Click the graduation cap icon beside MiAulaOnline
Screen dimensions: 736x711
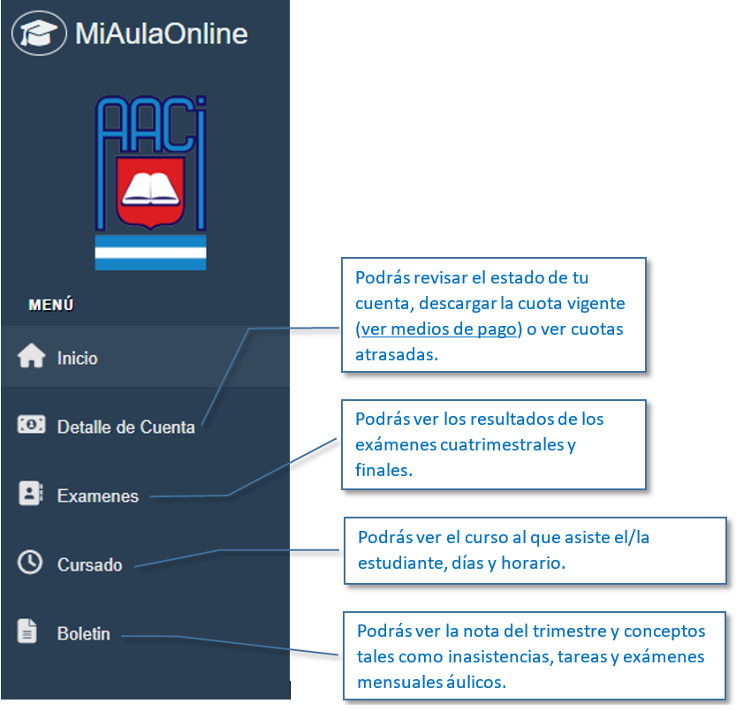(x=39, y=34)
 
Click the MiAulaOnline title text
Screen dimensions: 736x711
(x=162, y=34)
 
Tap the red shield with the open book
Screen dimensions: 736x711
(x=150, y=193)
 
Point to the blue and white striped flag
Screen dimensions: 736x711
(x=150, y=253)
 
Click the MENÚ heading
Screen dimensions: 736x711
(x=51, y=305)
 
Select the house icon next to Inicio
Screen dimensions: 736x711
(x=32, y=355)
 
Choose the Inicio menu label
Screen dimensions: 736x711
(x=78, y=359)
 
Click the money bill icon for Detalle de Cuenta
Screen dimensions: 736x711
(x=32, y=424)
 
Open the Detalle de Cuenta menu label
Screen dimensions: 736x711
(x=125, y=427)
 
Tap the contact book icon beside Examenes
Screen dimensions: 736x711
(x=31, y=493)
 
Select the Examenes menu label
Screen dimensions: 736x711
(x=97, y=496)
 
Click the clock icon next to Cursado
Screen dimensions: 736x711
(x=30, y=562)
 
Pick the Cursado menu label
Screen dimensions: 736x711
(x=89, y=565)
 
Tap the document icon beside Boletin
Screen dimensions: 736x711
(x=27, y=631)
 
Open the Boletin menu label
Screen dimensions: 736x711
(x=84, y=634)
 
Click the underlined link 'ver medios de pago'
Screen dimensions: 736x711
(x=438, y=329)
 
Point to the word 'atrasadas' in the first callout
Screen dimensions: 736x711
(x=397, y=355)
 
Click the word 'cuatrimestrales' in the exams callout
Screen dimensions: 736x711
(x=502, y=444)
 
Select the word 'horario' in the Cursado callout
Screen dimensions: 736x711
(x=534, y=563)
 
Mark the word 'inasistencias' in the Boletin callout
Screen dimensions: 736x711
(x=500, y=656)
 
